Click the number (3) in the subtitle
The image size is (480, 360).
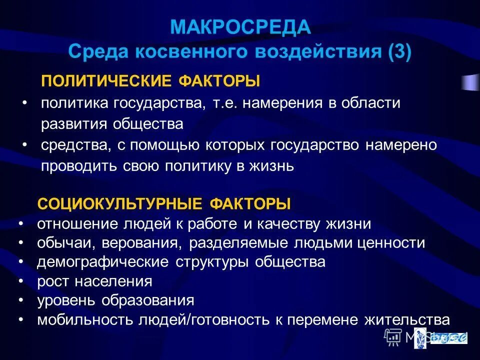(398, 51)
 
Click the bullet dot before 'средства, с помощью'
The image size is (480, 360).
(25, 144)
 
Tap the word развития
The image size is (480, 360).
(70, 124)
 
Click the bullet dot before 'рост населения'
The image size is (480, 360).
(21, 281)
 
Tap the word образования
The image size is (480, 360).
(148, 301)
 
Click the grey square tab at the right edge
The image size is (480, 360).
(470, 82)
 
